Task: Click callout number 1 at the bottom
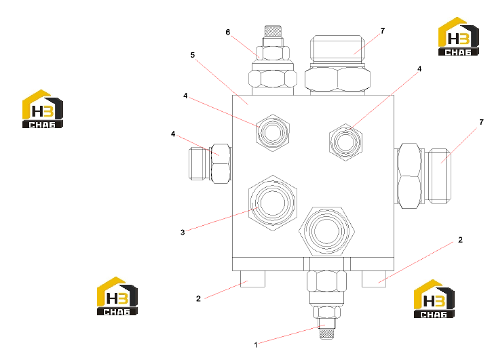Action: tap(256, 345)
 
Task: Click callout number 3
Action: tap(183, 233)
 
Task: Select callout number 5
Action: tap(193, 55)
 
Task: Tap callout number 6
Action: tap(228, 32)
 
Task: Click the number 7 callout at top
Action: tap(383, 31)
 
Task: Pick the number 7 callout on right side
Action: tap(481, 122)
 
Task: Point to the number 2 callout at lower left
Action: tap(198, 298)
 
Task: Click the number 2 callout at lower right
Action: tap(460, 240)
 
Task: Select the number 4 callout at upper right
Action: tap(419, 68)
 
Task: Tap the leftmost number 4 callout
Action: tap(173, 134)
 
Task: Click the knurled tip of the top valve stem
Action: tap(273, 31)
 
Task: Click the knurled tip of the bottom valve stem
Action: tap(326, 334)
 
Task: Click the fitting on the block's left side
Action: tap(210, 163)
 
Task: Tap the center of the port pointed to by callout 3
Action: tap(273, 203)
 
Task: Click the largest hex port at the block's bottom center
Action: tap(326, 231)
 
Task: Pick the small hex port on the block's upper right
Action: tap(345, 142)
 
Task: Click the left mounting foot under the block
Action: tap(252, 279)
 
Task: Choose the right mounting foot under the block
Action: tap(374, 279)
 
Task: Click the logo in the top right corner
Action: tap(459, 37)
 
